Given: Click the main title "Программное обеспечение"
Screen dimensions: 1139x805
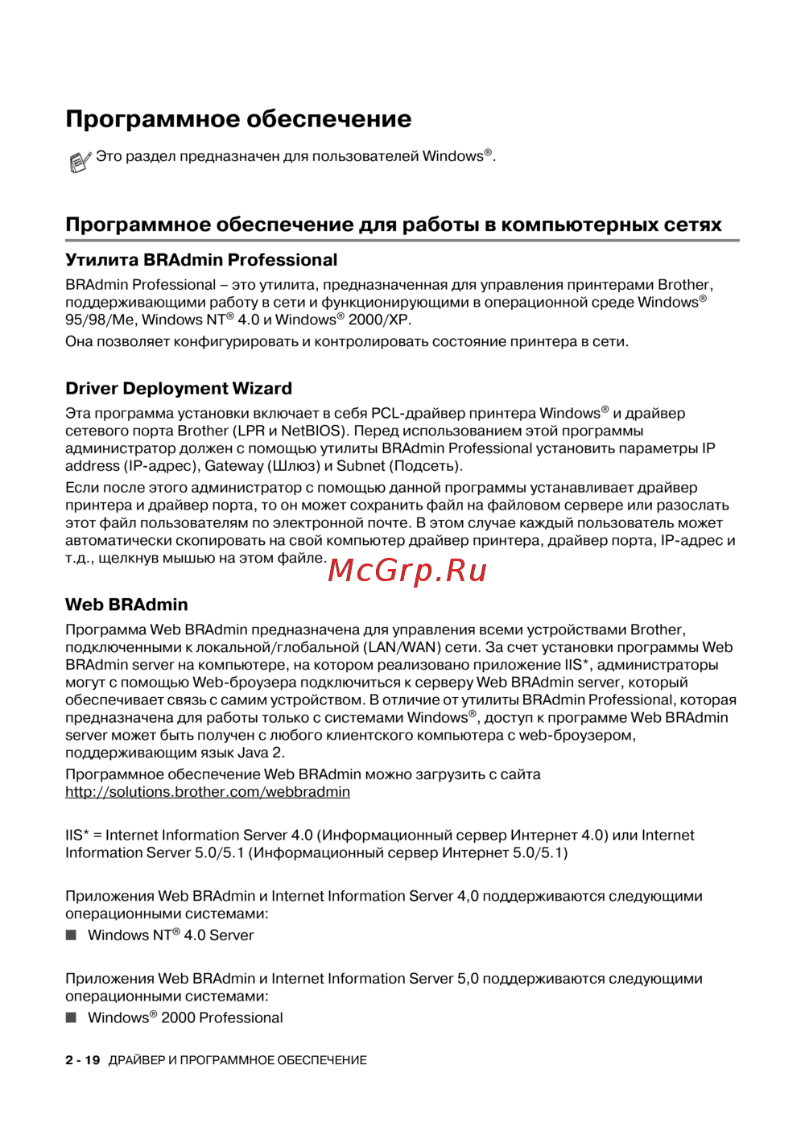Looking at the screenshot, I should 238,119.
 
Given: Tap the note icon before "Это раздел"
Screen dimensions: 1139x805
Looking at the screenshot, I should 79,162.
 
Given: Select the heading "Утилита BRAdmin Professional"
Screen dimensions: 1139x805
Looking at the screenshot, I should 201,260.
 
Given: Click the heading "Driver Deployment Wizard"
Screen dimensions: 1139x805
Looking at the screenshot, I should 179,389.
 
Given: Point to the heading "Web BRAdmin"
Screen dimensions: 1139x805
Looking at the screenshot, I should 126,605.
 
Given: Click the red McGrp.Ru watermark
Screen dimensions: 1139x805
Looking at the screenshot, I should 408,571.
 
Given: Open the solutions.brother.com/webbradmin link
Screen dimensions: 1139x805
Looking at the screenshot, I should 208,792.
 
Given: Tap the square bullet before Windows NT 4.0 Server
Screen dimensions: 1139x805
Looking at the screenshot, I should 71,935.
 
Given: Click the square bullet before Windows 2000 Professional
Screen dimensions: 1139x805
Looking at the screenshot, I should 71,1017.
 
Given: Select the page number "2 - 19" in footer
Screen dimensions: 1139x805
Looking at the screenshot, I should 83,1060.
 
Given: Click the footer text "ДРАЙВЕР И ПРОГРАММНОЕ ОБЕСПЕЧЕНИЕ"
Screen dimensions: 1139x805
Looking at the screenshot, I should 237,1060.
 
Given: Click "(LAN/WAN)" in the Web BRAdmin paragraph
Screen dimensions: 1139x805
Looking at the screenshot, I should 402,647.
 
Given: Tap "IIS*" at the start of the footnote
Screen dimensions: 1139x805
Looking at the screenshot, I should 77,836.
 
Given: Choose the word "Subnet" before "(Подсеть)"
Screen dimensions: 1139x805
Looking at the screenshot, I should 361,466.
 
